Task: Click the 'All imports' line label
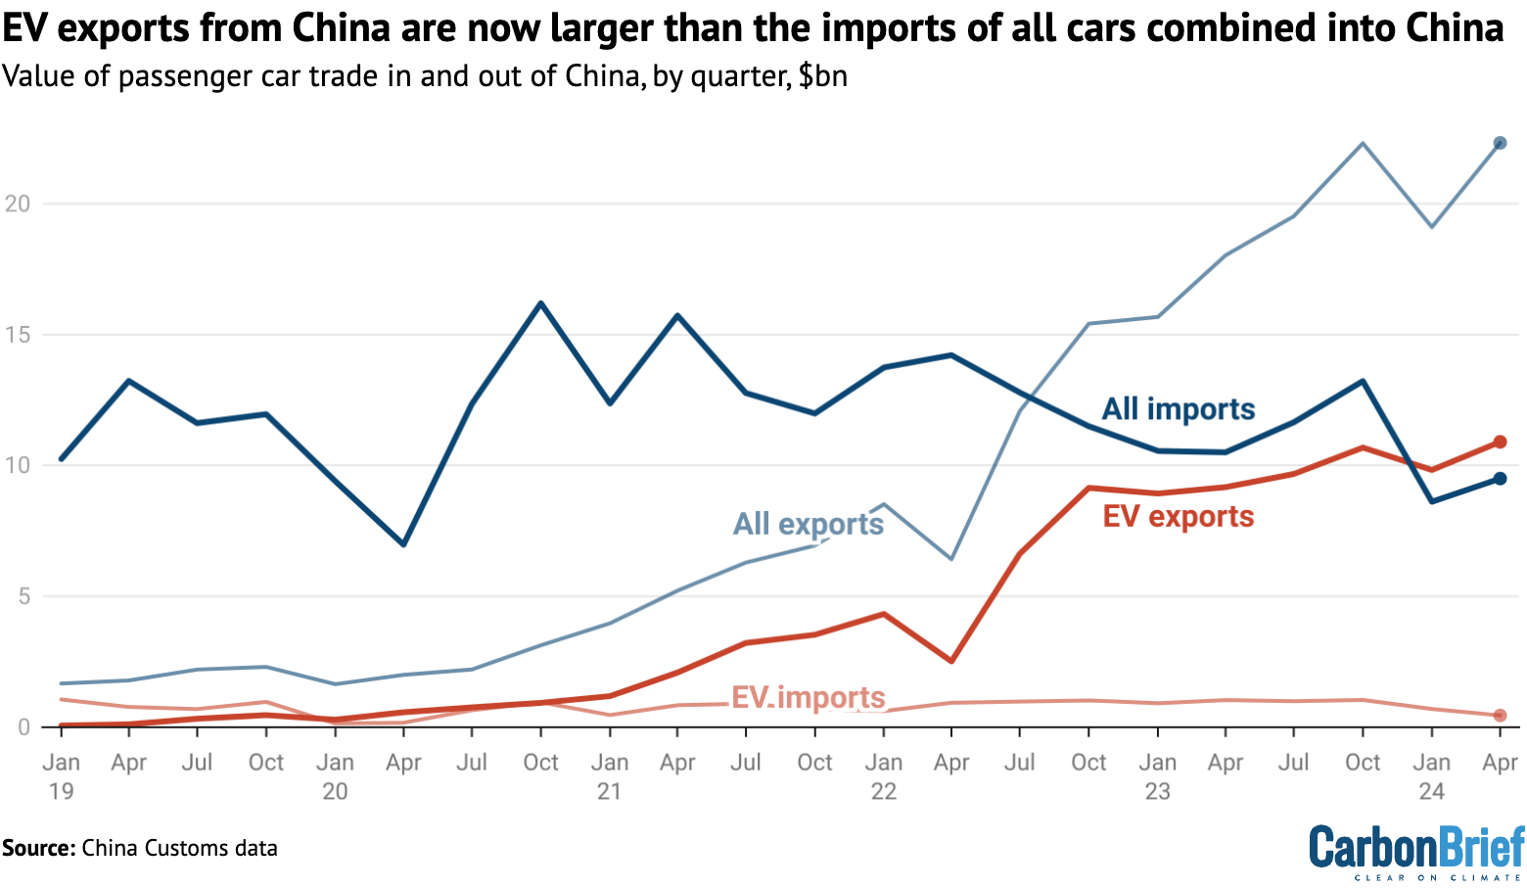[x=1178, y=409]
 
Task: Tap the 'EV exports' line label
[x=1178, y=517]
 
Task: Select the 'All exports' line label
[x=808, y=524]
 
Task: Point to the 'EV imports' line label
[x=808, y=697]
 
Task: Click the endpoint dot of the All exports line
[x=1500, y=143]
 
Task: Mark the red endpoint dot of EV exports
[x=1500, y=442]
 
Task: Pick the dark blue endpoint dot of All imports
[x=1500, y=479]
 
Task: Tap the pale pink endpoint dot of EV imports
[x=1500, y=716]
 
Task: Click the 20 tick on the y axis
[x=17, y=204]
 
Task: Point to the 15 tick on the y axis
[x=17, y=335]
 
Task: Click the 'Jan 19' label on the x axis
[x=61, y=776]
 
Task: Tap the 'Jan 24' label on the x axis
[x=1431, y=776]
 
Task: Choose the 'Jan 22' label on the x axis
[x=883, y=776]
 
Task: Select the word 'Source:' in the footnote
[x=38, y=848]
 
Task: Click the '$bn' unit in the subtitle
[x=822, y=76]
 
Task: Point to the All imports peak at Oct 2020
[x=540, y=304]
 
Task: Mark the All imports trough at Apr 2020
[x=403, y=544]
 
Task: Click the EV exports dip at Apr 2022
[x=951, y=662]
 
